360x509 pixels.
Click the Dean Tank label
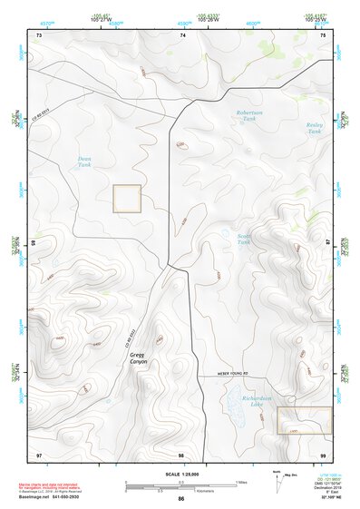click(x=84, y=161)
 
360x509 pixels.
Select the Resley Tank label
click(x=315, y=128)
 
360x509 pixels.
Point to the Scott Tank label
click(x=243, y=240)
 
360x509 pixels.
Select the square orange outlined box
click(x=126, y=199)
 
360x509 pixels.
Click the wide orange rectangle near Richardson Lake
click(x=304, y=419)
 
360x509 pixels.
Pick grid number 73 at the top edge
click(x=39, y=35)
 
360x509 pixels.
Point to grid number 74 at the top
click(x=182, y=35)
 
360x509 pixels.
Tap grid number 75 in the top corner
click(x=324, y=35)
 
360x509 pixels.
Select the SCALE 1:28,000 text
click(x=180, y=474)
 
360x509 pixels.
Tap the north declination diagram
click(x=277, y=483)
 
